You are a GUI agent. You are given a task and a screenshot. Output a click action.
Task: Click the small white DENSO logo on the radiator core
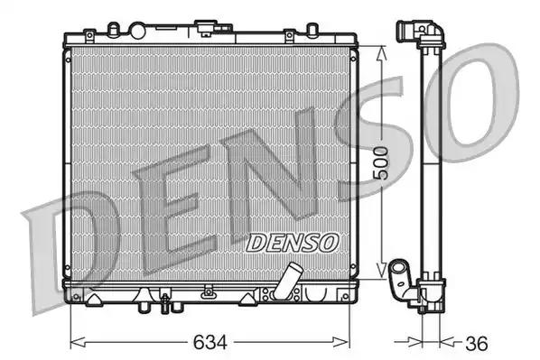(x=292, y=242)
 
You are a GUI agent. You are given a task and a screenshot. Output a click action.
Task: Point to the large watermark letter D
(x=77, y=248)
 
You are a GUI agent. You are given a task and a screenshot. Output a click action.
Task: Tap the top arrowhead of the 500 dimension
(x=383, y=51)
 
